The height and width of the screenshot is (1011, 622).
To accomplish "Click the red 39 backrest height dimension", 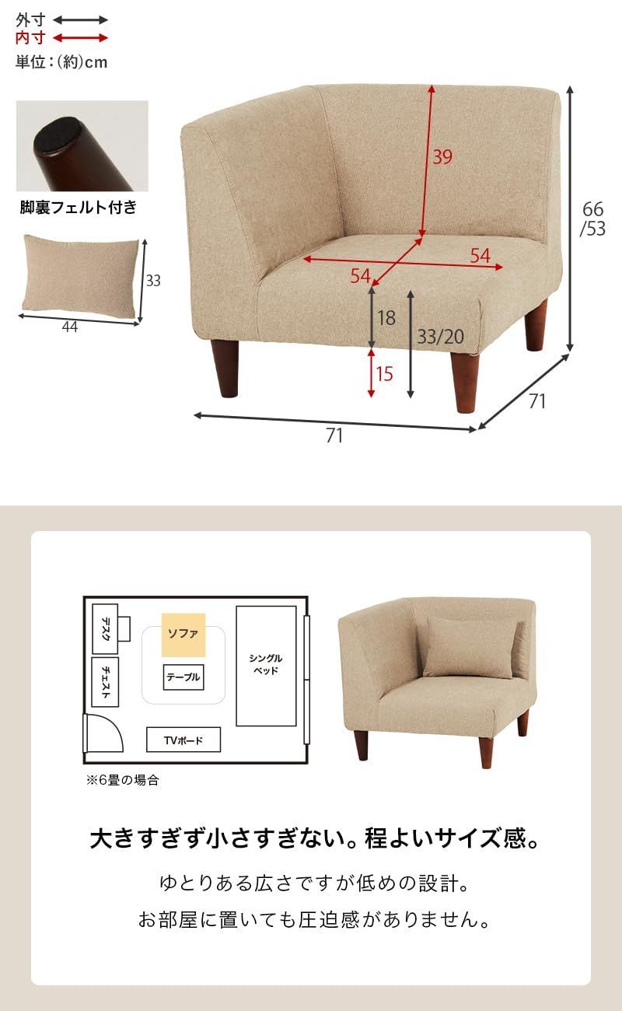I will pyautogui.click(x=442, y=157).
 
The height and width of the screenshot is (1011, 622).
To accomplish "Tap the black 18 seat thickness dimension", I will pyautogui.click(x=386, y=317).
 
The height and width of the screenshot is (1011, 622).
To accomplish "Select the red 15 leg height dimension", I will pyautogui.click(x=384, y=374).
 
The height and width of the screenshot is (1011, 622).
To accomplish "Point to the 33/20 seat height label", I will pyautogui.click(x=440, y=337).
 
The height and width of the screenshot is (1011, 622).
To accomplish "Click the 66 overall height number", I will pyautogui.click(x=592, y=209).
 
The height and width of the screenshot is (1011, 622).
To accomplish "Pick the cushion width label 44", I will pyautogui.click(x=70, y=327).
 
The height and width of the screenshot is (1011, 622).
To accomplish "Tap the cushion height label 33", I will pyautogui.click(x=153, y=281).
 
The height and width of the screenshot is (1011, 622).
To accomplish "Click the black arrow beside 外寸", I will pyautogui.click(x=81, y=20).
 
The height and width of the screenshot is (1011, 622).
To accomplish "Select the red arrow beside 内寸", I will pyautogui.click(x=81, y=37).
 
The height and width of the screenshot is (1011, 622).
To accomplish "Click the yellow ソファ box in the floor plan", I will pyautogui.click(x=183, y=634).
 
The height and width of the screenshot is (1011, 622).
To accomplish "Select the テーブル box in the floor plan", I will pyautogui.click(x=183, y=677).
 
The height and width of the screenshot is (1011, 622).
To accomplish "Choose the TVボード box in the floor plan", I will pyautogui.click(x=183, y=740).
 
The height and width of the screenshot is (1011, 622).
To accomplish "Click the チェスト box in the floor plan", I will pyautogui.click(x=105, y=682).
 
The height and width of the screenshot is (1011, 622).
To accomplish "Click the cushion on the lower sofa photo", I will pyautogui.click(x=469, y=647).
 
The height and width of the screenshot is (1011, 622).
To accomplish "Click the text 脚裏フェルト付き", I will pyautogui.click(x=78, y=208).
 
